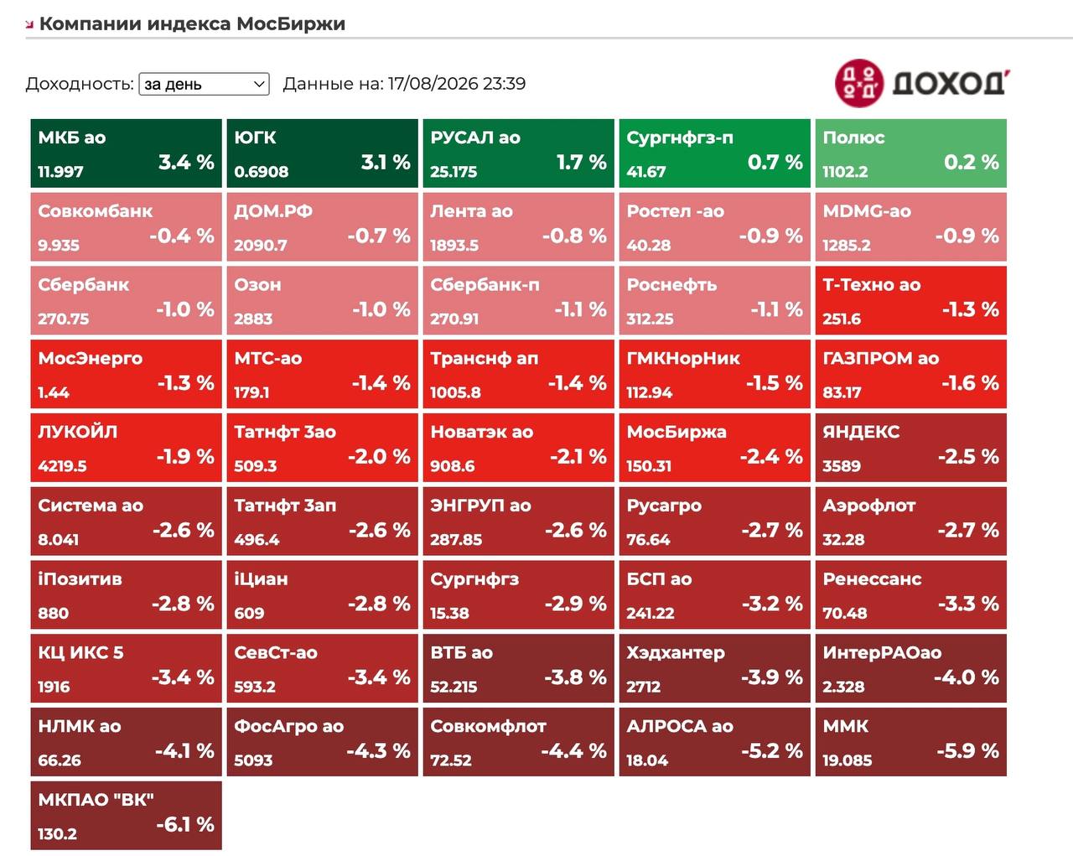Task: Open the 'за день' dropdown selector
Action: click(x=204, y=84)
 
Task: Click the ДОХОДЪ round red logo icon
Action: click(x=859, y=83)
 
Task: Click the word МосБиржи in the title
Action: click(x=291, y=23)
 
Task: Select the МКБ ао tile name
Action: click(x=72, y=137)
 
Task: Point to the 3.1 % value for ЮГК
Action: click(x=386, y=162)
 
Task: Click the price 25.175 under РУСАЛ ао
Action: click(x=454, y=172)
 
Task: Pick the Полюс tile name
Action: click(x=853, y=137)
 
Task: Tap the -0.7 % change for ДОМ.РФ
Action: click(x=379, y=236)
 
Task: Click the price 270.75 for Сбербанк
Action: click(x=64, y=319)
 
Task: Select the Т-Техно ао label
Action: click(x=872, y=285)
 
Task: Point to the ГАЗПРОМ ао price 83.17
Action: click(x=842, y=392)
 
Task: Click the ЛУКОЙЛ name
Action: click(x=78, y=432)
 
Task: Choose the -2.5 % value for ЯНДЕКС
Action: click(x=968, y=457)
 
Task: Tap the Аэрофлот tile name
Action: click(x=869, y=506)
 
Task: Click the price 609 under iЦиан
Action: click(x=249, y=613)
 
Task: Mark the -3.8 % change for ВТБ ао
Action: click(x=575, y=677)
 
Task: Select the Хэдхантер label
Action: click(x=676, y=653)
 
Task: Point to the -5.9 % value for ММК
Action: click(x=967, y=751)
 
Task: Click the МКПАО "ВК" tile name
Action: click(x=96, y=800)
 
